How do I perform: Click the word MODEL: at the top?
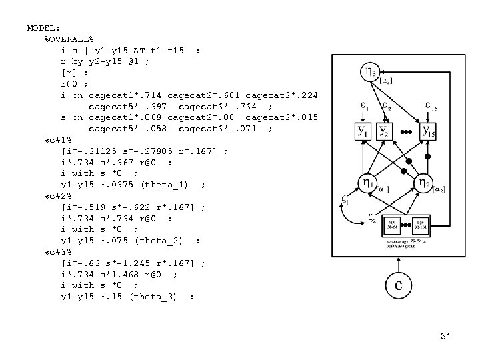[43, 28]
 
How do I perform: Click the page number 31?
[445, 336]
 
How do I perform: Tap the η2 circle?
[423, 183]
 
